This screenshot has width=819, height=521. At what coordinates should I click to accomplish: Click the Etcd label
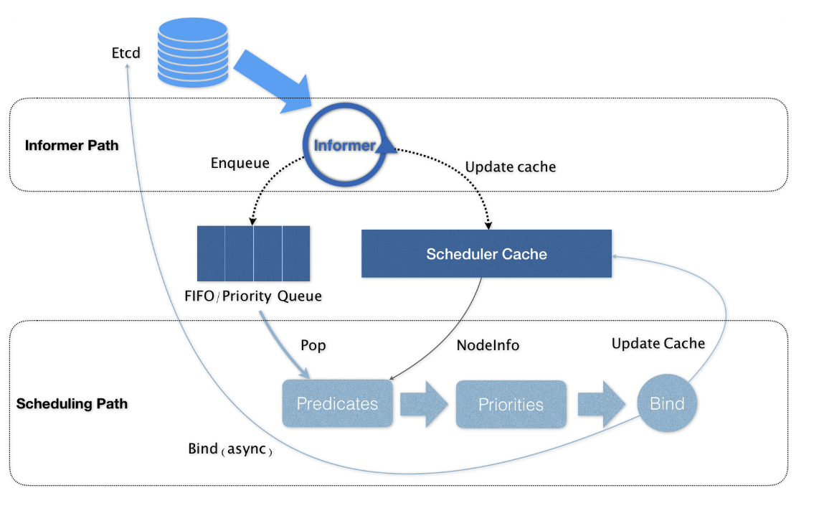[126, 52]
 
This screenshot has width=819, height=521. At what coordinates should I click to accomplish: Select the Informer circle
[345, 146]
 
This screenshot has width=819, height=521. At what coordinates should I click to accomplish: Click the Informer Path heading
[72, 146]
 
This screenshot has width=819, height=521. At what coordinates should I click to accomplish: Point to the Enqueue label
[240, 164]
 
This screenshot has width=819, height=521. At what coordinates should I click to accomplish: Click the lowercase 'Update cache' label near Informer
[511, 167]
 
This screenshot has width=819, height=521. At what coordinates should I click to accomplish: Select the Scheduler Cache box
[486, 254]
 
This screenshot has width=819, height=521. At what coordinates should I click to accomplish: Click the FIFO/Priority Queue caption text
[253, 296]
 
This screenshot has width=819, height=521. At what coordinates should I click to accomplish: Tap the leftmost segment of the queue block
[211, 253]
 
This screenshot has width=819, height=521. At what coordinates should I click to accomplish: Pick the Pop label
[313, 346]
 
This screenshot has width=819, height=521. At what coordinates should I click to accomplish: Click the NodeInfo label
[488, 346]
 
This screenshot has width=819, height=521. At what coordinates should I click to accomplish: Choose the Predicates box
[338, 404]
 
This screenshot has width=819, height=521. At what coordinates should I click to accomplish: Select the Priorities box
[511, 405]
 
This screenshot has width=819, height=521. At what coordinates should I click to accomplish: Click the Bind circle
[667, 404]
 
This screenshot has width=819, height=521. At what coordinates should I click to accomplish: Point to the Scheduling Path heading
[72, 404]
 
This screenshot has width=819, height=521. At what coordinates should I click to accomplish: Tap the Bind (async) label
[230, 450]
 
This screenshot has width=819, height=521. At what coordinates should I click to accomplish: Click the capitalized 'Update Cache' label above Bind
[658, 344]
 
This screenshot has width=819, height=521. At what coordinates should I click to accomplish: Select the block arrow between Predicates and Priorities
[424, 404]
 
